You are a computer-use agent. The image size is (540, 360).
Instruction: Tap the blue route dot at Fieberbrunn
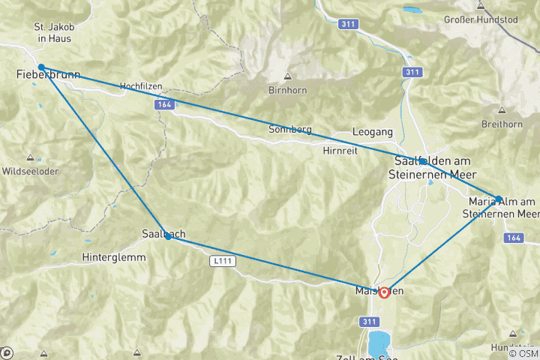pyautogui.click(x=41, y=67)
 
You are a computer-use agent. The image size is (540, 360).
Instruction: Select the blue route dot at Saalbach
pyautogui.click(x=167, y=236)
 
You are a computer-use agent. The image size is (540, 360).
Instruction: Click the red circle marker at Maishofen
pyautogui.click(x=384, y=292)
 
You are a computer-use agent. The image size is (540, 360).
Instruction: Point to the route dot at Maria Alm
pyautogui.click(x=498, y=199)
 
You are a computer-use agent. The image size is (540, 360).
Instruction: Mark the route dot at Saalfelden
pyautogui.click(x=423, y=161)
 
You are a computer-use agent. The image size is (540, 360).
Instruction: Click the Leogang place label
pyautogui.click(x=373, y=132)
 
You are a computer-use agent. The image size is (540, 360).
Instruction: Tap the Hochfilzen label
pyautogui.click(x=141, y=87)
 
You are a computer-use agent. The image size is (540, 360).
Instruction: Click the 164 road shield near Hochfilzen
pyautogui.click(x=166, y=105)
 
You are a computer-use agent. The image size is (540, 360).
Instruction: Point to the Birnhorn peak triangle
pyautogui.click(x=287, y=76)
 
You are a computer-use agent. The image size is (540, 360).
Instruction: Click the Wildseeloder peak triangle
pyautogui.click(x=31, y=158)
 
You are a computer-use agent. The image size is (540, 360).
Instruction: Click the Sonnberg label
pyautogui.click(x=290, y=129)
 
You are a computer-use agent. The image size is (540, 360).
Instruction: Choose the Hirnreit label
pyautogui.click(x=340, y=150)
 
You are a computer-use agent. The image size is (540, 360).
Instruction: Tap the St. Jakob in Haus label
pyautogui.click(x=54, y=31)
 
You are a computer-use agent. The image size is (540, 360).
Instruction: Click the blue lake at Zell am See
pyautogui.click(x=380, y=343)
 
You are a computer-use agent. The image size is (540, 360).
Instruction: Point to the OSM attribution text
pyautogui.click(x=523, y=353)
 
